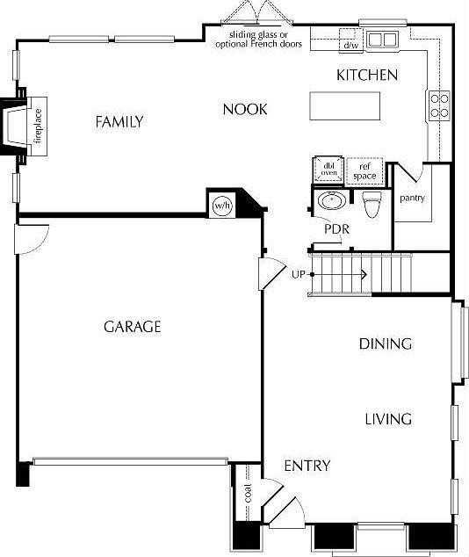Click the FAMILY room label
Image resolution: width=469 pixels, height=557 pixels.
pos(119,122)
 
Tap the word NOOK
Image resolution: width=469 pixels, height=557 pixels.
pos(245,109)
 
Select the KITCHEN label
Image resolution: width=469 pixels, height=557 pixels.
pos(367,76)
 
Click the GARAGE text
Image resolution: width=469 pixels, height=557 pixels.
pos(133,327)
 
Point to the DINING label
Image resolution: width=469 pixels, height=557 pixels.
pos(385,344)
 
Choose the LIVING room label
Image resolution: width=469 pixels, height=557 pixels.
pos(387,419)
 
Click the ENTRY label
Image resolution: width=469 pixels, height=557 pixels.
pos(307,466)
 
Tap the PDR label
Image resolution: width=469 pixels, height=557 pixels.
pos(337,229)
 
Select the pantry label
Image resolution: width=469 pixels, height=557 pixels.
pos(412,199)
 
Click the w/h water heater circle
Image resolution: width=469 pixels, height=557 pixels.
pos(221,206)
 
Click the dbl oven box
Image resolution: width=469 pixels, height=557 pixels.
pos(328,170)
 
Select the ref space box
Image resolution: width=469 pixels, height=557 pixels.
pos(364,170)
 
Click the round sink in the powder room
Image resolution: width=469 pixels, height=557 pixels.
pos(332,201)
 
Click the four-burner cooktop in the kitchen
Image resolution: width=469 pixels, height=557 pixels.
pos(438,106)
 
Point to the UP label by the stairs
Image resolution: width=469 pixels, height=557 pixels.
pos(299,275)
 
